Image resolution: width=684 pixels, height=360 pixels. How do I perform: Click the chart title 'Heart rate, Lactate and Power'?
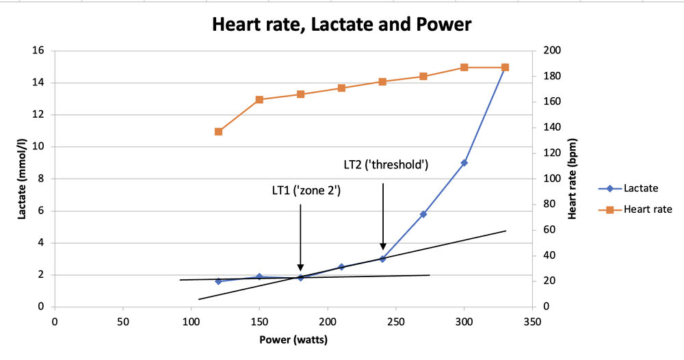pos(341,25)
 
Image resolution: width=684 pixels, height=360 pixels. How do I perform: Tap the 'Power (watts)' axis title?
pos(293,338)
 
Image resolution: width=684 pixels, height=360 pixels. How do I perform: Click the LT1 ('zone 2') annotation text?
pos(306,191)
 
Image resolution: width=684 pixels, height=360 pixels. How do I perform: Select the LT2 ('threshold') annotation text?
pos(386,164)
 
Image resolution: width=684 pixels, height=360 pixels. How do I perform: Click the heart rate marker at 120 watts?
pos(218,131)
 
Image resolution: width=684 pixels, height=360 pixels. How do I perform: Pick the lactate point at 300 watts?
pos(464,163)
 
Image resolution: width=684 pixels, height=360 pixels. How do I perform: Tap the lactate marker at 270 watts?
pos(423,214)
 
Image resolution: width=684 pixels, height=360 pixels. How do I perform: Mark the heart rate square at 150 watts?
pos(259,100)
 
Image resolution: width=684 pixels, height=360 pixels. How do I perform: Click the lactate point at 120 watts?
pos(218,281)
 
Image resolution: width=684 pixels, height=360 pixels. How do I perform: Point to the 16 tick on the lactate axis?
pos(38,51)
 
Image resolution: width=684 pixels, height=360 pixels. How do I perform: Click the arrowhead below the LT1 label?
pos(300,268)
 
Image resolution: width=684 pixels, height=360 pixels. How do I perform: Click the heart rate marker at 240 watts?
pos(382,81)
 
